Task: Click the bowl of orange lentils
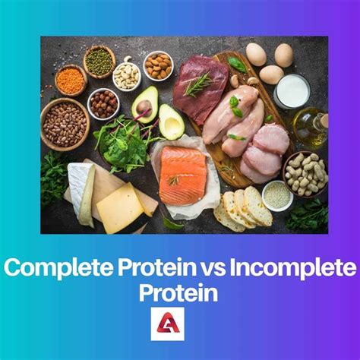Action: coord(71,80)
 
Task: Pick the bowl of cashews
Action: coord(126,75)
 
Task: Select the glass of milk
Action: coord(292,91)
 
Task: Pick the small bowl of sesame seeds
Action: coord(277,195)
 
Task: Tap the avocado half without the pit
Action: coord(171,122)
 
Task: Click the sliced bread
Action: coord(243,207)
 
